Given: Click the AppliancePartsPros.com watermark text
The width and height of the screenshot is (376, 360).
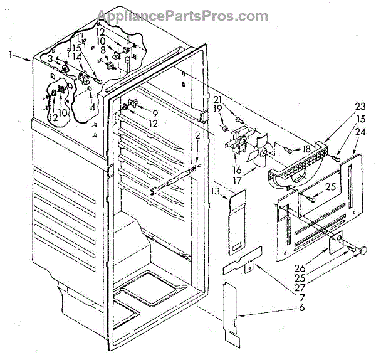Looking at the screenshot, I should pyautogui.click(x=188, y=14).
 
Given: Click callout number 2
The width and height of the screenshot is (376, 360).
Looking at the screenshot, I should pyautogui.click(x=197, y=136).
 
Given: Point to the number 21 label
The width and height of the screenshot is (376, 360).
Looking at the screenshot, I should pyautogui.click(x=219, y=100).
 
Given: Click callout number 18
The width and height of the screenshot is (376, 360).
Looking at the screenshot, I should pyautogui.click(x=308, y=149).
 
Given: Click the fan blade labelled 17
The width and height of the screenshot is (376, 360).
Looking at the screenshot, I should pyautogui.click(x=258, y=156).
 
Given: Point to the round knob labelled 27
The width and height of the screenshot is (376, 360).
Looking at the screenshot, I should pyautogui.click(x=361, y=250).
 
